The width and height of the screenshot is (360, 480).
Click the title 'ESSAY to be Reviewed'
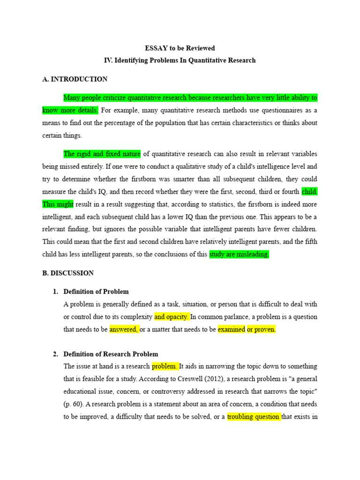(x=180, y=48)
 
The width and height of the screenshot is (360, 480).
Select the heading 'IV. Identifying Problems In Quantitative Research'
(x=180, y=60)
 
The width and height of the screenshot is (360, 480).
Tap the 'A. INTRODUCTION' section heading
(x=75, y=79)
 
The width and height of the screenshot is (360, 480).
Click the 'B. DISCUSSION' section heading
(x=68, y=273)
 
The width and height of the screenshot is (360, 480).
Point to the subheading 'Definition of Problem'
(x=96, y=292)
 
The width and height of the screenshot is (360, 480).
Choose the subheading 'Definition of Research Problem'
(x=111, y=354)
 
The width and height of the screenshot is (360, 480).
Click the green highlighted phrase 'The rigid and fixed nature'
(x=102, y=154)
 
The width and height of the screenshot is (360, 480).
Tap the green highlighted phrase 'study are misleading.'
(x=239, y=254)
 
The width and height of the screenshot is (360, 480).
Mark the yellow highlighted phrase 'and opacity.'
(x=172, y=316)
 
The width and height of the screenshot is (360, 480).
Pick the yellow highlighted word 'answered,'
(x=124, y=329)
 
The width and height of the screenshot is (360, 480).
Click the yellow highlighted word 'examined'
(x=232, y=329)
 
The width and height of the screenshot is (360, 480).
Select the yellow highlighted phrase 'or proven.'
(x=262, y=329)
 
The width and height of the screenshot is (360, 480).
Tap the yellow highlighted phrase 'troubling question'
(x=254, y=416)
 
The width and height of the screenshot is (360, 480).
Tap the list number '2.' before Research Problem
(x=55, y=354)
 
